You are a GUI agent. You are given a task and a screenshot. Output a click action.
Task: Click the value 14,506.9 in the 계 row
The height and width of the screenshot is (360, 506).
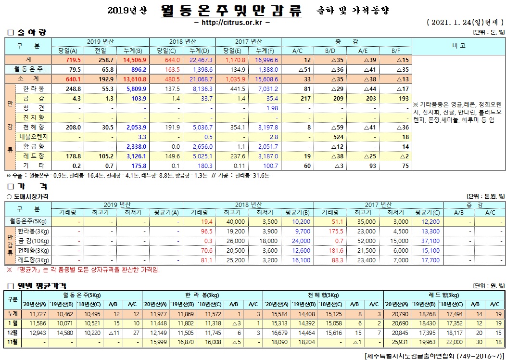click(x=135, y=60)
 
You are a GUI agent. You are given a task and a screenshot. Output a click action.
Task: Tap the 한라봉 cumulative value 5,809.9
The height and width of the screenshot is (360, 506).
click(x=136, y=89)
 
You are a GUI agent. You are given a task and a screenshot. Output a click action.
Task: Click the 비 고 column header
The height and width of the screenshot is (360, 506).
click(x=458, y=46)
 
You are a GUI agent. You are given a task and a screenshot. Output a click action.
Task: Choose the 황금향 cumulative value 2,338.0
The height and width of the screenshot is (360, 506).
click(x=136, y=146)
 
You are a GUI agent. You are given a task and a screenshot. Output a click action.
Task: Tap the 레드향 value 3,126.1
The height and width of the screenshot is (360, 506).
click(x=136, y=156)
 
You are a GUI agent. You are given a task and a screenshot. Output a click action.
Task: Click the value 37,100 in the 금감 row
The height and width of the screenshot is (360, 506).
click(x=430, y=241)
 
